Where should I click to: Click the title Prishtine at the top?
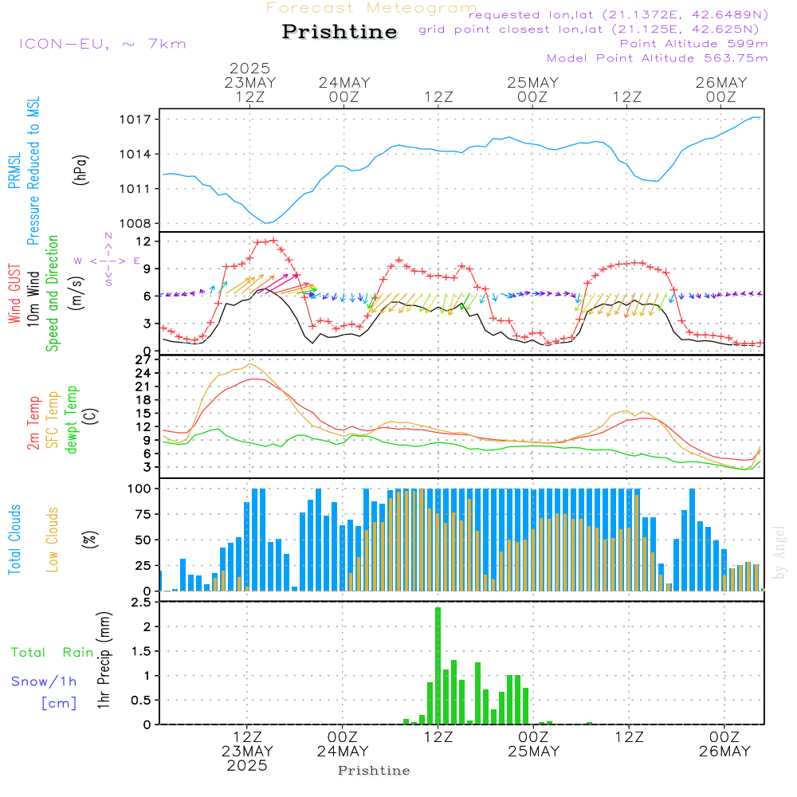pos(340,32)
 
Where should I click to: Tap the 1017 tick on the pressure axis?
pos(135,120)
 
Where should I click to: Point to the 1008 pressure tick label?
pos(135,224)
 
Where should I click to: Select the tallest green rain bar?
pos(438,665)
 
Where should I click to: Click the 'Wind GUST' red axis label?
pos(14,293)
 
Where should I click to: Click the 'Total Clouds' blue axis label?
pos(14,540)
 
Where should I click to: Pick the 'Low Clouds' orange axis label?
pos(53,540)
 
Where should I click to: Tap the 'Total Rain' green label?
pos(53,652)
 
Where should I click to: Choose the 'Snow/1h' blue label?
pos(44,681)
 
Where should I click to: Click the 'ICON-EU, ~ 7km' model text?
pos(103,44)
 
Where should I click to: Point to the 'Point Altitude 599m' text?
pos(693,44)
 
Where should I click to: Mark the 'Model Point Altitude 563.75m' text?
pos(657,58)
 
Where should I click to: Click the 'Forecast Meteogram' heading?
pos(371,8)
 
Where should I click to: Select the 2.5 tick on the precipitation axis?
pos(141,603)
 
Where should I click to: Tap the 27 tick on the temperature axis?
pos(143,360)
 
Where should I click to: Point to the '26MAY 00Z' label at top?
pos(721,89)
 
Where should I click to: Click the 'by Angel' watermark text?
pos(779,552)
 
